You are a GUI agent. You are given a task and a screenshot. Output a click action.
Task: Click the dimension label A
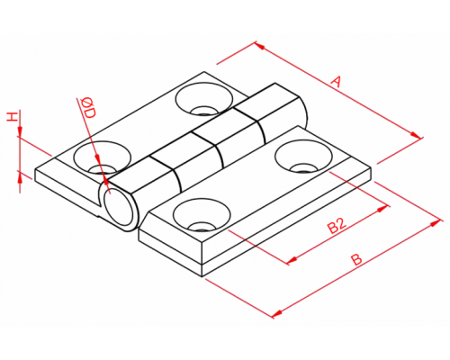point(337,82)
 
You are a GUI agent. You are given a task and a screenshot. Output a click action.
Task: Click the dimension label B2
point(337,226)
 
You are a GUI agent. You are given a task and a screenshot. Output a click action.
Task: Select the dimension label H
point(12,117)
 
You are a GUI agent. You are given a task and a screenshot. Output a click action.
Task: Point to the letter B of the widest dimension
point(356,260)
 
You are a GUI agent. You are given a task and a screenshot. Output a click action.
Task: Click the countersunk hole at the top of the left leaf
point(204,99)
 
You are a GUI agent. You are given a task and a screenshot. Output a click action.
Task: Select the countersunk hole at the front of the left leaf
point(103,157)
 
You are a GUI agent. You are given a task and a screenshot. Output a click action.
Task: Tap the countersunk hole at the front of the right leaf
point(202,214)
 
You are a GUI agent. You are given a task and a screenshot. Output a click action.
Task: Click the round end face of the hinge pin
point(119,207)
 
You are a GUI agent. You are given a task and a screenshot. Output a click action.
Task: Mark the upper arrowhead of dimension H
point(20,131)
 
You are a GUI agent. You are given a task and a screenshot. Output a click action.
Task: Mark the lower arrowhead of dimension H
point(20,177)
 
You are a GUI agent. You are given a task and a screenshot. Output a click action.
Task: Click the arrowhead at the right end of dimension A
point(416,135)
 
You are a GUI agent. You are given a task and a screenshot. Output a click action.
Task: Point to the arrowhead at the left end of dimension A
point(260,46)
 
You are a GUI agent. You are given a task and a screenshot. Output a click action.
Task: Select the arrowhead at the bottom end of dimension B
point(277,313)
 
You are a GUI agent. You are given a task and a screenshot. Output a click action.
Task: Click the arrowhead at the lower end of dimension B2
point(292,260)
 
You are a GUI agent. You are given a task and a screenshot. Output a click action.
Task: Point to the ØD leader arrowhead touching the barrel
point(104,179)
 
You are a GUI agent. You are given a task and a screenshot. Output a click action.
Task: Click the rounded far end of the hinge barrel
point(303,113)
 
